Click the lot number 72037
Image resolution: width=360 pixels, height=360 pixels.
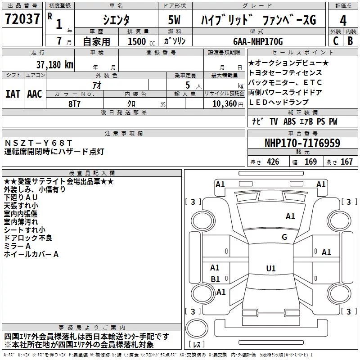(22, 19)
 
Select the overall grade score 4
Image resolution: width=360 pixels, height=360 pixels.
(343, 20)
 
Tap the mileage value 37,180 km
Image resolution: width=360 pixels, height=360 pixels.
(55, 65)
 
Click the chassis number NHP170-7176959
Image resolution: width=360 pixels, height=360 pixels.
(302, 143)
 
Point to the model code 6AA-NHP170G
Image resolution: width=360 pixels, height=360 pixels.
(258, 41)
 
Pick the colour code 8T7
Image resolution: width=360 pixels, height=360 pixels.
(74, 104)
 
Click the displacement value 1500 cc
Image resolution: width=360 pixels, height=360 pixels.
(141, 41)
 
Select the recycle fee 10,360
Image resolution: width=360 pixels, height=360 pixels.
(224, 103)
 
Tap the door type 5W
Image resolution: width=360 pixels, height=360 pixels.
(174, 20)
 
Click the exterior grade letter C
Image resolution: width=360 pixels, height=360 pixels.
(336, 41)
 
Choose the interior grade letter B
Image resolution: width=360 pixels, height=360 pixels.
(350, 41)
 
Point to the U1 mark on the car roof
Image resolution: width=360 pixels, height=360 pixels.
(271, 268)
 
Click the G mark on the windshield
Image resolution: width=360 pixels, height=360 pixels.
(284, 237)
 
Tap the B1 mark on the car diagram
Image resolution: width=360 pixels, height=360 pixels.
(215, 279)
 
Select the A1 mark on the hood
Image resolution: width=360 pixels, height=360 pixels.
(290, 216)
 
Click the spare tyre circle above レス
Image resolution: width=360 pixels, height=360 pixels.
(197, 328)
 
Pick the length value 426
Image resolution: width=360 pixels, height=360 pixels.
(273, 162)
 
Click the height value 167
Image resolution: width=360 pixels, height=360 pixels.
(346, 162)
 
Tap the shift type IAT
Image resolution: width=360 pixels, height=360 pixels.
(13, 94)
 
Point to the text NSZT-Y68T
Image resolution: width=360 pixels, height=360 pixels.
(38, 143)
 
